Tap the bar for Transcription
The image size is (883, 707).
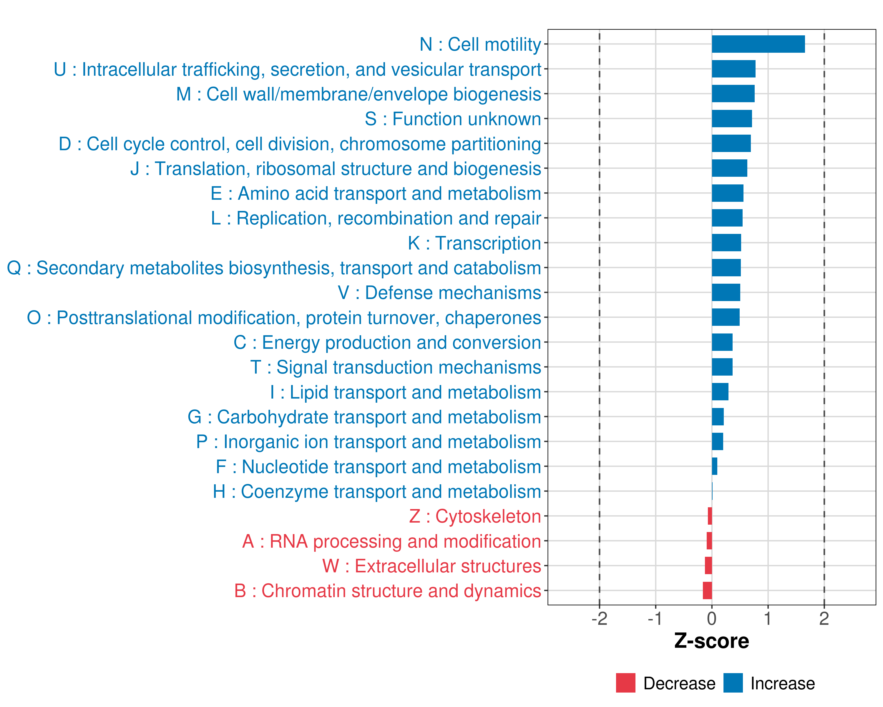pos(726,243)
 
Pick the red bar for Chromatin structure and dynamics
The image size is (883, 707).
pos(707,591)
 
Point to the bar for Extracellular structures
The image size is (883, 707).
pos(708,566)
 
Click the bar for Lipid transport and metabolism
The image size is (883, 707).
pos(720,392)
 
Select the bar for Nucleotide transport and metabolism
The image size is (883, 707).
pos(714,466)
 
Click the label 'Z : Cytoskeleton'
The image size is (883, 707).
pos(475,516)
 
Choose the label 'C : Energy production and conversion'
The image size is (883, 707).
pos(387,343)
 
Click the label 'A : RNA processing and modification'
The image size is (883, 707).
pos(391,541)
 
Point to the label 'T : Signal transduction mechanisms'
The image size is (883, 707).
pos(395,367)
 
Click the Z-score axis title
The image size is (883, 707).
pos(711,641)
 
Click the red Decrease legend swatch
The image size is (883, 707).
pos(625,683)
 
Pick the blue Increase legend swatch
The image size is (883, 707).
pos(733,683)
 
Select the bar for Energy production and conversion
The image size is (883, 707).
pos(722,342)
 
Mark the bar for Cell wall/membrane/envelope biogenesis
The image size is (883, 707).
pos(733,94)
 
